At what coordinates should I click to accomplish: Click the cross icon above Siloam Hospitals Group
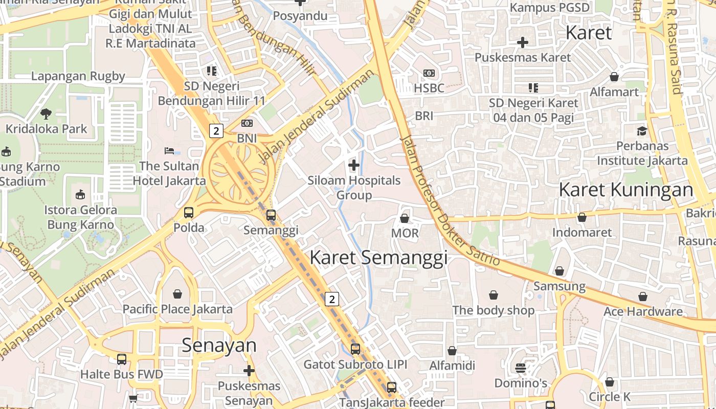tap(353, 165)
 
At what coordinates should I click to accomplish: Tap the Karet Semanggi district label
tap(378, 257)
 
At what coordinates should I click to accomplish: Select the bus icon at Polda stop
tap(189, 212)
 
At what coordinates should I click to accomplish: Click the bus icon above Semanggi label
tap(271, 215)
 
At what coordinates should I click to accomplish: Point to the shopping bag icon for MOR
tap(405, 218)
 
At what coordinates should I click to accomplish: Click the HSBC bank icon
tap(429, 73)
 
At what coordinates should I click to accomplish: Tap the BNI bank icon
tap(247, 123)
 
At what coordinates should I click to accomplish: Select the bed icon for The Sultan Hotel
tap(169, 151)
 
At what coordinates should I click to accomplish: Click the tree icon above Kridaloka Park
tap(46, 113)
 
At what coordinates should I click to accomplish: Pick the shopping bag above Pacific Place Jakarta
tap(177, 294)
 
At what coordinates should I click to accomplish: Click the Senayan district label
tap(219, 346)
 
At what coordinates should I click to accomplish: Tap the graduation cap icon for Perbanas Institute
tap(642, 131)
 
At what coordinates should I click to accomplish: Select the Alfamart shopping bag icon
tap(614, 77)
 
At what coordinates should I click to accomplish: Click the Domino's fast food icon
tap(521, 368)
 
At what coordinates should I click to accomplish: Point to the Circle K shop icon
tap(610, 382)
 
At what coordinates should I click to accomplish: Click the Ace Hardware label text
tap(643, 311)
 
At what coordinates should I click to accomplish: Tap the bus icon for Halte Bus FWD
tap(121, 359)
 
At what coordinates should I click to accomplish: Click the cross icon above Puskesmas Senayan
tap(249, 370)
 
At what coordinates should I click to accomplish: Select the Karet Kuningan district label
tap(625, 190)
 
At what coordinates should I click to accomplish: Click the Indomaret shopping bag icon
tap(582, 218)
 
